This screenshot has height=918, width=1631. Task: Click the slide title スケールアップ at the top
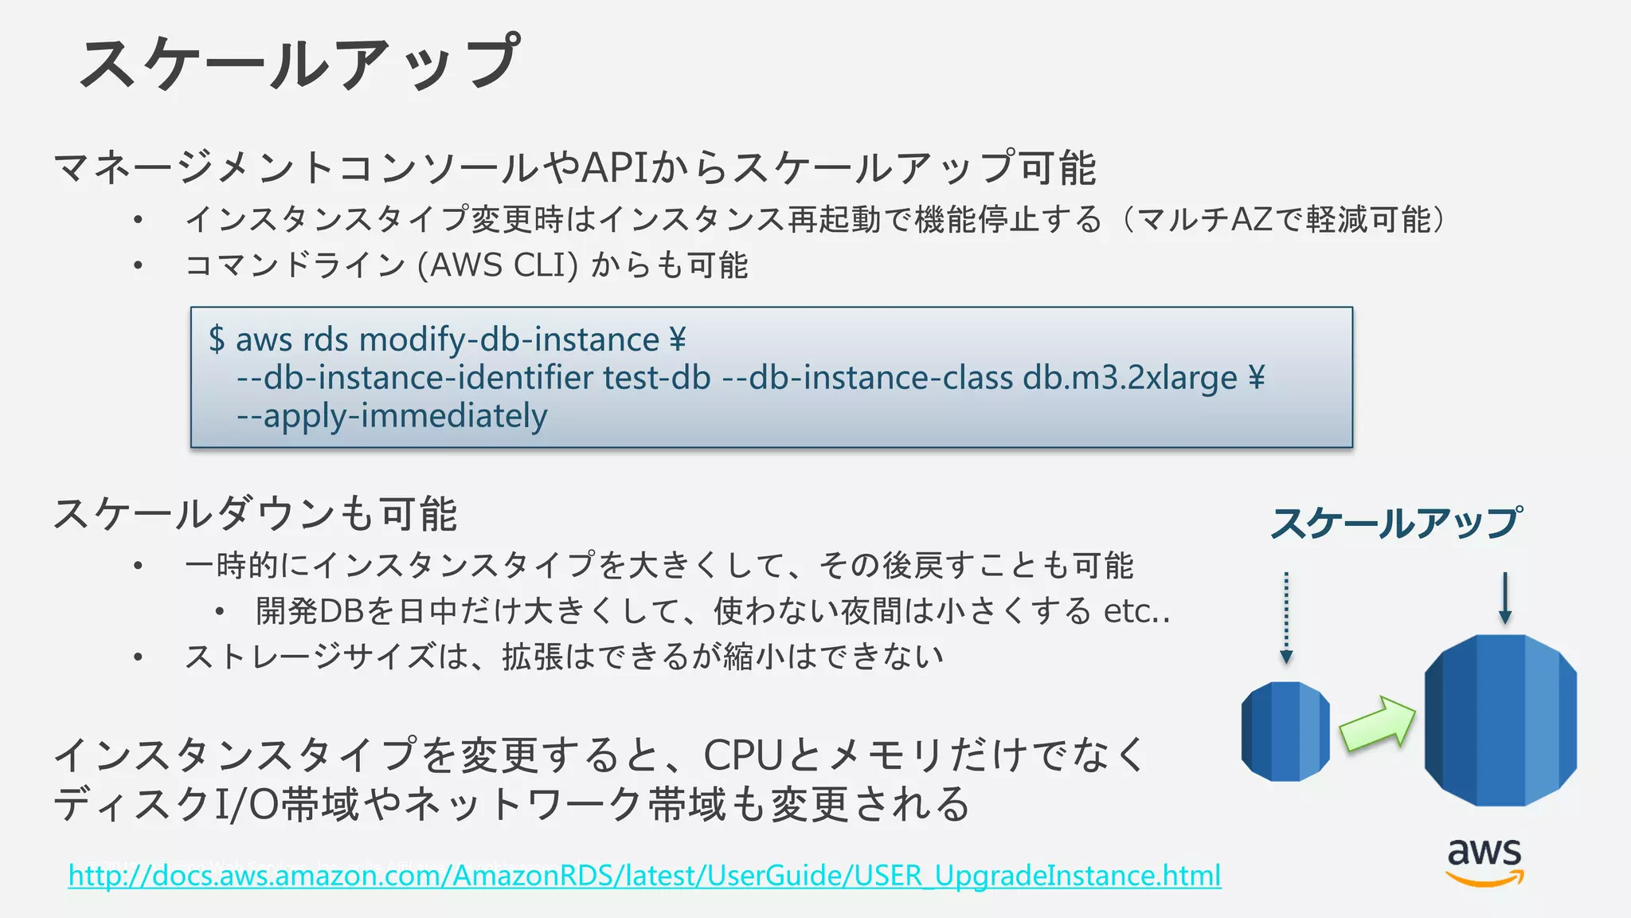299,62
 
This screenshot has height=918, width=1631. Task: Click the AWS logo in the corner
1484,861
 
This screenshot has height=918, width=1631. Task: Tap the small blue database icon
1285,731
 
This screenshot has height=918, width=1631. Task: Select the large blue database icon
1500,720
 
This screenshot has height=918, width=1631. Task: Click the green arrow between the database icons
1377,724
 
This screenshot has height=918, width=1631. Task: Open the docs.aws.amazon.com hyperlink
644,875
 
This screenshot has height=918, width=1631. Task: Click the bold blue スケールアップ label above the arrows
1396,524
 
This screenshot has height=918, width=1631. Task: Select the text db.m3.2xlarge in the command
1130,378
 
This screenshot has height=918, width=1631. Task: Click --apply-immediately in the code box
392,416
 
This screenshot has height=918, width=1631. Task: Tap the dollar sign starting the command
217,339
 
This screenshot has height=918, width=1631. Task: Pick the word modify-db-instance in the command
510,339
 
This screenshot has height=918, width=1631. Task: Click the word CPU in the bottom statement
743,755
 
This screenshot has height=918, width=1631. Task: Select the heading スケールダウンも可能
255,514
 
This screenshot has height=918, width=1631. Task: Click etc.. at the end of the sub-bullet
1136,611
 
